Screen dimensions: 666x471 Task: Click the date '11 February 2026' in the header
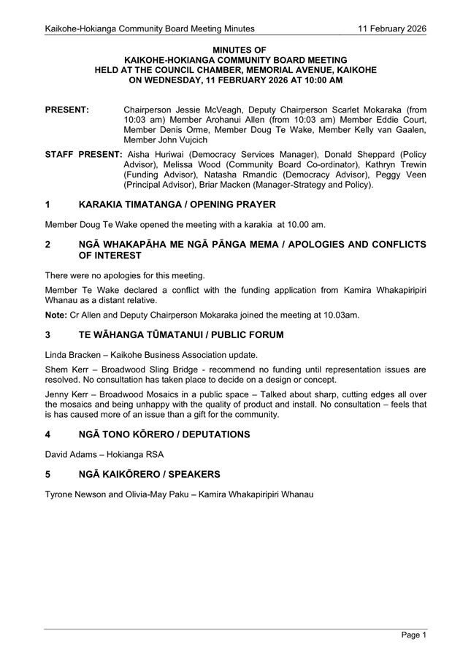[x=391, y=28]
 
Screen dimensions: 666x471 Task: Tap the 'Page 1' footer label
[x=413, y=635]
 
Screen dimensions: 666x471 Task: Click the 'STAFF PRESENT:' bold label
[x=83, y=155]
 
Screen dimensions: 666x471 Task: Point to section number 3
[x=48, y=335]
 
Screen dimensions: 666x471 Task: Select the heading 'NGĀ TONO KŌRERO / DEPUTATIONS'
[x=164, y=435]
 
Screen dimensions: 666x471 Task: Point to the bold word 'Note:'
[x=56, y=315]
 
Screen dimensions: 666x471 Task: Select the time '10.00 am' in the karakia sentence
[x=307, y=224]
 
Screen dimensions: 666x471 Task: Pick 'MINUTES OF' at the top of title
[x=235, y=50]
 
